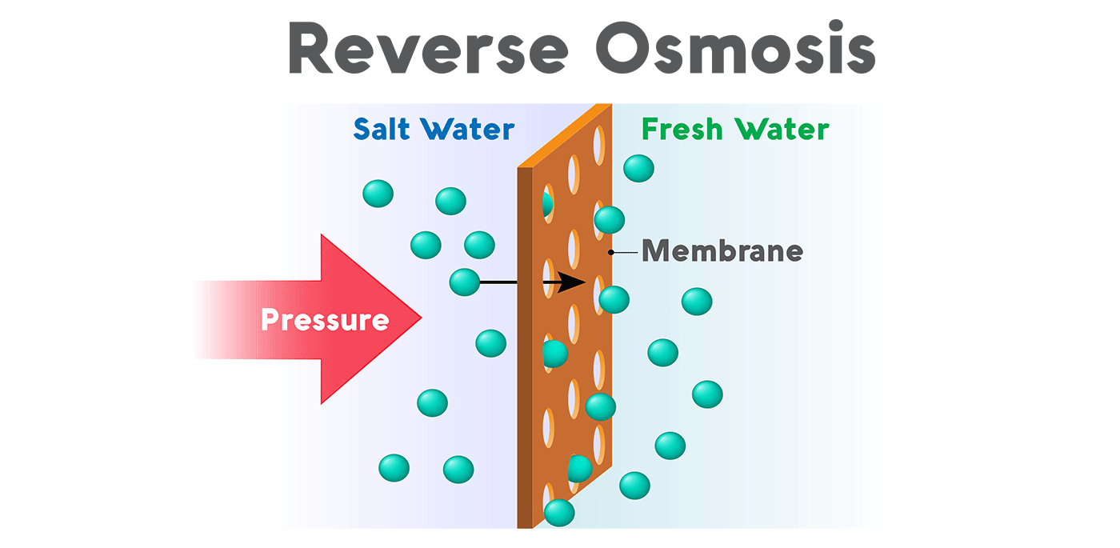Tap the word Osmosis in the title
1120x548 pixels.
(735, 50)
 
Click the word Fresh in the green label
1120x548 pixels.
(682, 129)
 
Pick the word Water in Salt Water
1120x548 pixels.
(468, 129)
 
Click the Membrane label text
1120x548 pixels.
(722, 251)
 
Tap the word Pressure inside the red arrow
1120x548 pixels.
(325, 320)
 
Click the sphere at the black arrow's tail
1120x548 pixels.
(464, 282)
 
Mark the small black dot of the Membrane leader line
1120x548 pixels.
(611, 252)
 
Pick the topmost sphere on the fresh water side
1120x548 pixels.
(638, 169)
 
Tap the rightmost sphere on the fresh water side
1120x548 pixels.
(707, 394)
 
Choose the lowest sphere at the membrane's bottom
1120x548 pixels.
(559, 512)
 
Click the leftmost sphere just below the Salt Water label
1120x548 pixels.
(378, 193)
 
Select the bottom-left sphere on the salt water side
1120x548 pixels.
(394, 467)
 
